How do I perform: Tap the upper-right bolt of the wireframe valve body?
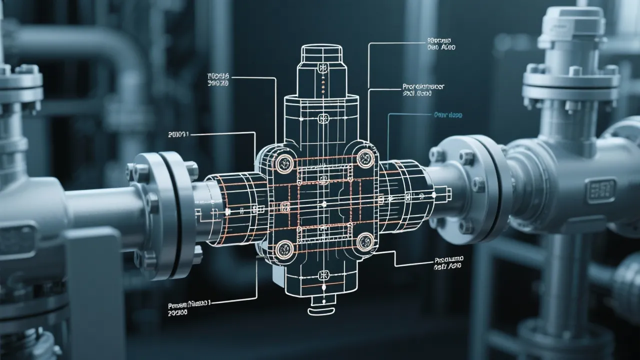click(x=365, y=158)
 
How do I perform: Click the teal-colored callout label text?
click(x=448, y=114)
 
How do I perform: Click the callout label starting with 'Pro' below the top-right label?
click(x=423, y=89)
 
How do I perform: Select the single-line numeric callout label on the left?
click(x=179, y=134)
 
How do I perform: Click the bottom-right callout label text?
click(x=449, y=263)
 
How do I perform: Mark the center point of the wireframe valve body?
click(x=324, y=203)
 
